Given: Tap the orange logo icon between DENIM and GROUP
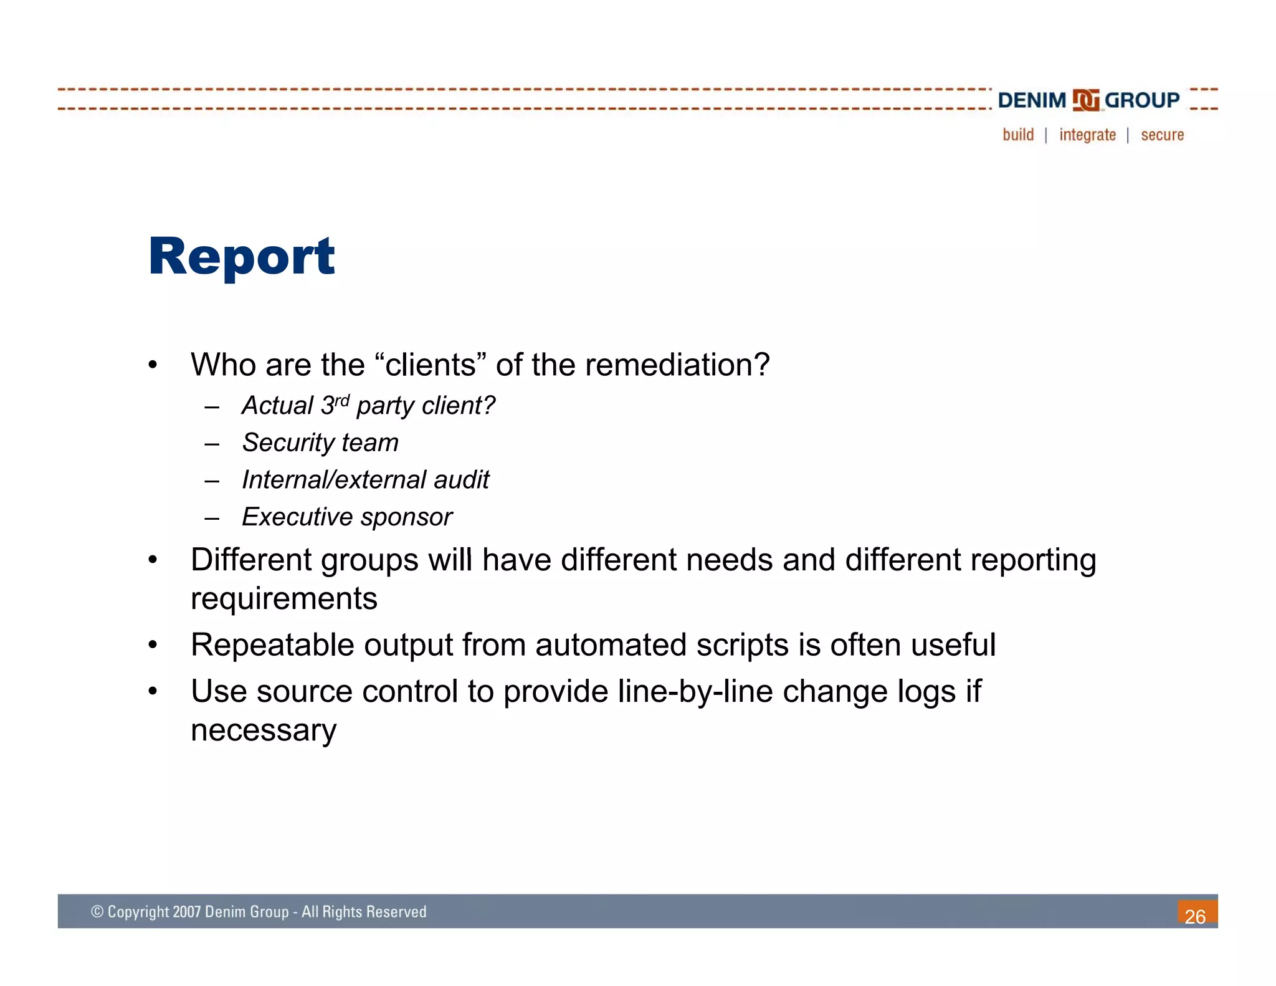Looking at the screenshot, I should pos(1085,100).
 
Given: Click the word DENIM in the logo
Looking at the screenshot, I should pos(1032,100).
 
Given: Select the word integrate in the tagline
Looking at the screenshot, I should pos(1087,135).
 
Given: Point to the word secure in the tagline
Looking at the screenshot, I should pos(1162,135).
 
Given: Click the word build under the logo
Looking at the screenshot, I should pos(1018,135).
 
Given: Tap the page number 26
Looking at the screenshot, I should pos(1195,916).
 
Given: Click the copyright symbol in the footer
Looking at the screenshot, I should pos(97,912).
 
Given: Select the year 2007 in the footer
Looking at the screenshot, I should pos(187,912).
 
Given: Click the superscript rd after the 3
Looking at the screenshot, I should pos(342,400).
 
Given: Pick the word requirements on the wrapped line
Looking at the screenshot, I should pos(283,599).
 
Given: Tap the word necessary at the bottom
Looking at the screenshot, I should pos(264,730).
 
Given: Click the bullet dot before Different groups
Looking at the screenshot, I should pos(153,560).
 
